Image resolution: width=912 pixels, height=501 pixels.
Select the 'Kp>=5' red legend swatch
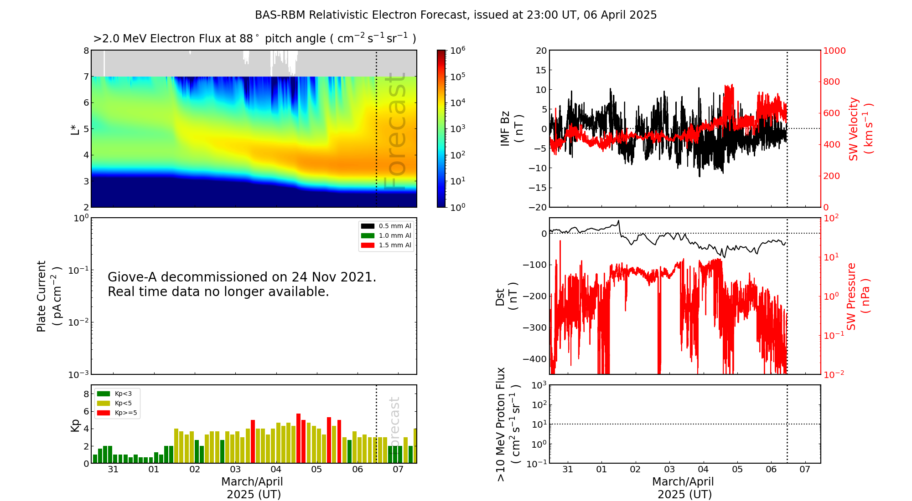[104, 413]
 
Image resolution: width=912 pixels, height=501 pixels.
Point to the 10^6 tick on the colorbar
[457, 50]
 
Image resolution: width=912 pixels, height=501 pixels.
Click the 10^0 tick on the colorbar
[457, 207]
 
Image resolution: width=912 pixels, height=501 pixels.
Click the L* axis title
[75, 129]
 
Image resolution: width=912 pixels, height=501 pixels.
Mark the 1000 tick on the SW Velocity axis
[834, 51]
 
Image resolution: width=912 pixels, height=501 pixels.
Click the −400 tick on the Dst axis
[534, 359]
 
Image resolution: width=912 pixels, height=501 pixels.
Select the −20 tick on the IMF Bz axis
[538, 207]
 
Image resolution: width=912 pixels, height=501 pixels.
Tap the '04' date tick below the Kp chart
[276, 470]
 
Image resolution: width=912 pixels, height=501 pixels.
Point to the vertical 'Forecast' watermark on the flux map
[395, 132]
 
